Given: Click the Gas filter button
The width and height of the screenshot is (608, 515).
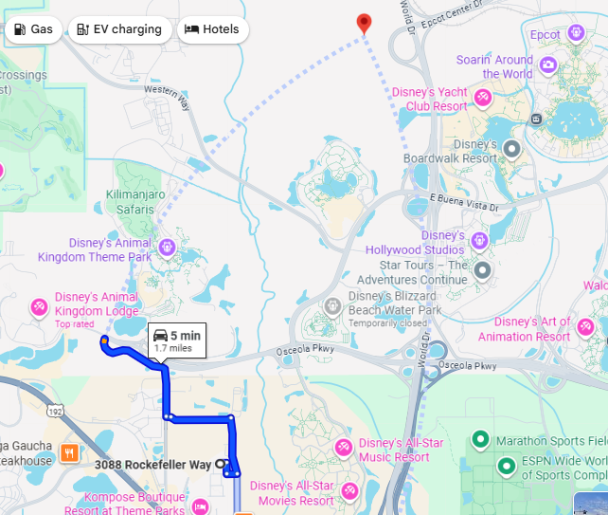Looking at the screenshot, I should pyautogui.click(x=34, y=29).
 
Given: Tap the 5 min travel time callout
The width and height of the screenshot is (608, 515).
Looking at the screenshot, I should pyautogui.click(x=177, y=340).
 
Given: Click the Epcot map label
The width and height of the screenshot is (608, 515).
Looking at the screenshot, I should pyautogui.click(x=545, y=35).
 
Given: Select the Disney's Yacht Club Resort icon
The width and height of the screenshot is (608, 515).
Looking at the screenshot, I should pyautogui.click(x=482, y=97).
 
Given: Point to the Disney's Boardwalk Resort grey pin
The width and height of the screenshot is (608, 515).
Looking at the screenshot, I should pyautogui.click(x=511, y=148).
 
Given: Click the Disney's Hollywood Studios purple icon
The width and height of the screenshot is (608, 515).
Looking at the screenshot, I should pyautogui.click(x=479, y=240).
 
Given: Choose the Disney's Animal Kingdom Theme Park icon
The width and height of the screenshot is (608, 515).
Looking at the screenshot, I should pyautogui.click(x=167, y=248).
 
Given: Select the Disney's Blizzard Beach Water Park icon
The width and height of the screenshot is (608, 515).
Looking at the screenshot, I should pyautogui.click(x=332, y=306).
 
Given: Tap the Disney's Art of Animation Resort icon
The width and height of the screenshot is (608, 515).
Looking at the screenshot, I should pyautogui.click(x=585, y=327).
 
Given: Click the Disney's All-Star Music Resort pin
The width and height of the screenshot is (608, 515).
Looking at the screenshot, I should pyautogui.click(x=343, y=447).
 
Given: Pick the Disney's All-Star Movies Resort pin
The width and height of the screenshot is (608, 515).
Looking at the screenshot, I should pyautogui.click(x=349, y=490).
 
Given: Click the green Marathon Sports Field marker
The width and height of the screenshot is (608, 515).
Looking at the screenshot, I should pyautogui.click(x=480, y=440).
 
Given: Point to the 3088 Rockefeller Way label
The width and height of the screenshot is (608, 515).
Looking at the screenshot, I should pyautogui.click(x=152, y=465).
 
